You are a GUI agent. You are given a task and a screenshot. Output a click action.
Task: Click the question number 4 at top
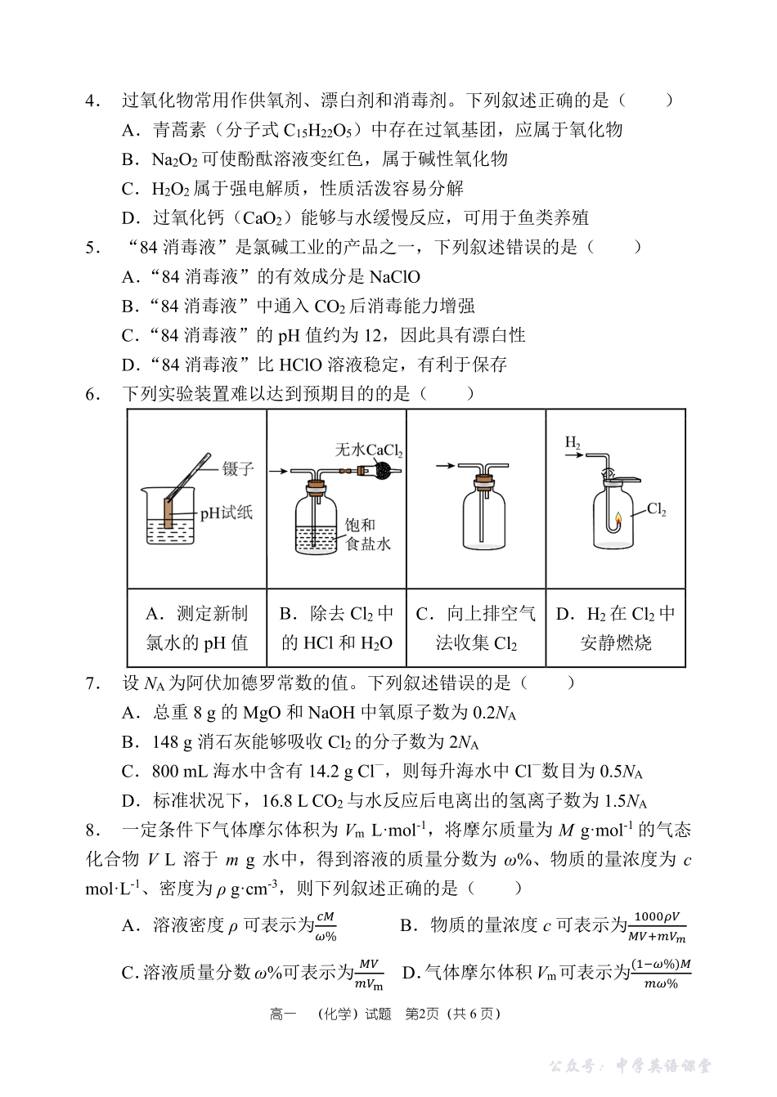[x=92, y=101]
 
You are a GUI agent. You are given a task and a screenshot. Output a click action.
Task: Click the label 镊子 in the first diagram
[x=238, y=468]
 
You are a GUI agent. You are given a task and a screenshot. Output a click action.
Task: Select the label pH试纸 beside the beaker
[x=227, y=513]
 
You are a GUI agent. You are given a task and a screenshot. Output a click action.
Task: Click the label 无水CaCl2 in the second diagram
[x=369, y=450]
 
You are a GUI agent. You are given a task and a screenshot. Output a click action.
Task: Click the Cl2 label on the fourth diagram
[x=657, y=509]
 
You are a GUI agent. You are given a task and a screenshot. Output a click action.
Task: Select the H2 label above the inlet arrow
[x=572, y=442]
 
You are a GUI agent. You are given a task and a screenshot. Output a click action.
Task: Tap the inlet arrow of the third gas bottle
[x=445, y=466]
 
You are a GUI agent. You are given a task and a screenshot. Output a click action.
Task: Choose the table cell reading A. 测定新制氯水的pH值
[x=197, y=628]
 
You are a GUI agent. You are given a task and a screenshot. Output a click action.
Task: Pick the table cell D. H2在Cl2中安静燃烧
[x=615, y=628]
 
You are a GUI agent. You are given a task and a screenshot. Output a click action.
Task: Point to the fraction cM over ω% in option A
[x=326, y=925]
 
